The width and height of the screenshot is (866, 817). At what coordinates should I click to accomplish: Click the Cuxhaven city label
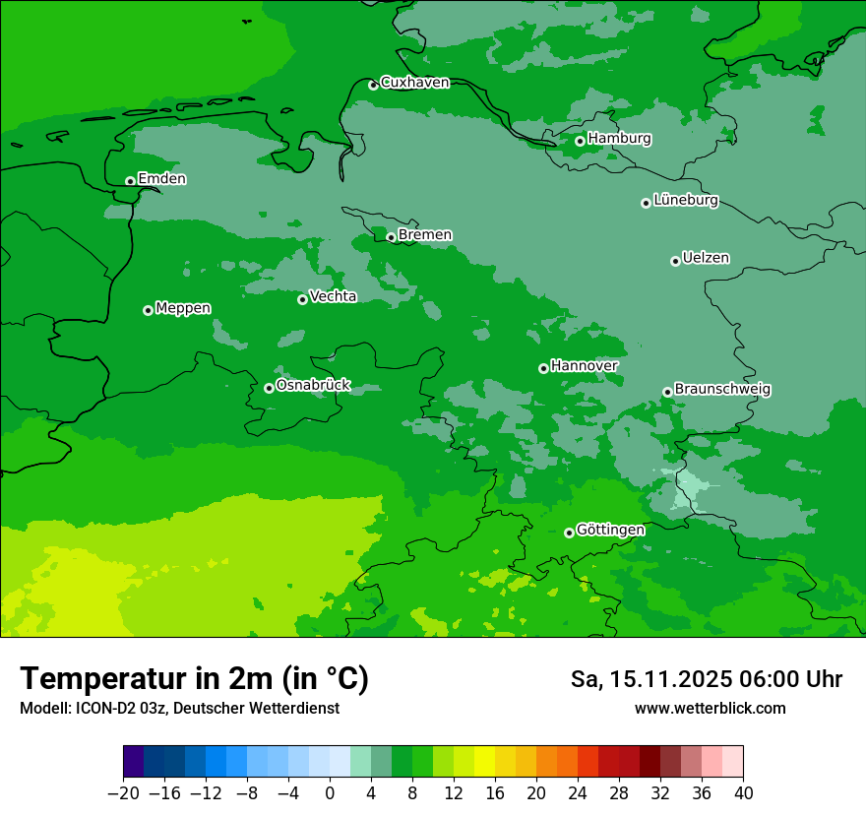click(414, 83)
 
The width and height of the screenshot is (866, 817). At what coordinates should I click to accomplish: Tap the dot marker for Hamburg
click(580, 141)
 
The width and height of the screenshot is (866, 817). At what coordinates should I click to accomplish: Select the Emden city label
click(161, 179)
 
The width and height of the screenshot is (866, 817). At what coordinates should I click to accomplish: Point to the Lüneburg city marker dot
click(646, 203)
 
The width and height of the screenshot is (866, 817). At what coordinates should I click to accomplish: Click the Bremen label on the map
click(425, 235)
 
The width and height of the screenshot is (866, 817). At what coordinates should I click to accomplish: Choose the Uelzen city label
click(706, 259)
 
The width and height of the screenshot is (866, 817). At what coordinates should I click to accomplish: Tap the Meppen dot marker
click(148, 310)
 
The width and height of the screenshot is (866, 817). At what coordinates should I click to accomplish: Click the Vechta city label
click(333, 296)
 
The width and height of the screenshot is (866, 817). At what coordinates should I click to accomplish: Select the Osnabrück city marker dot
click(269, 388)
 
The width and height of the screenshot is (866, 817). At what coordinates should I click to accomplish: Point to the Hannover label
click(584, 366)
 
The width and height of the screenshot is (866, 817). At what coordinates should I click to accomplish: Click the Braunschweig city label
click(722, 390)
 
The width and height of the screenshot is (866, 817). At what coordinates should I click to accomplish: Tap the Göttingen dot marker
click(569, 533)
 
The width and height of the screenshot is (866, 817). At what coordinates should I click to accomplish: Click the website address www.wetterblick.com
click(710, 709)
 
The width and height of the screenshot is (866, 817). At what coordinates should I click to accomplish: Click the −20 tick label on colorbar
click(123, 793)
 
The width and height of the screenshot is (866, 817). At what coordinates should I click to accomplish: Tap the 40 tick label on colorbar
click(743, 793)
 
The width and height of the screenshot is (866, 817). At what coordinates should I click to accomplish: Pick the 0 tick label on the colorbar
click(330, 793)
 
